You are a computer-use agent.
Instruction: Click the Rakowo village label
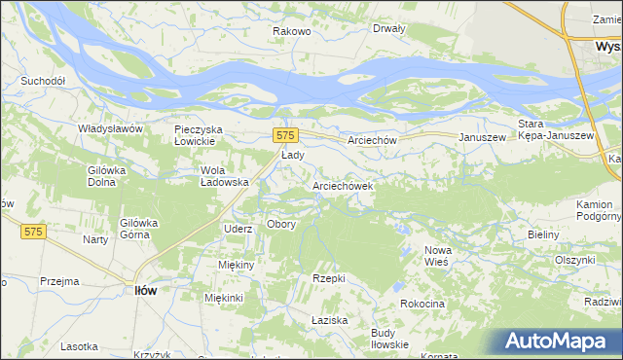point(291,31)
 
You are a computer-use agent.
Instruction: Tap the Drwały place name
point(388,28)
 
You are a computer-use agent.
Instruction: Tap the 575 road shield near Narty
point(34,231)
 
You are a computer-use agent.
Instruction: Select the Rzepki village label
point(329,278)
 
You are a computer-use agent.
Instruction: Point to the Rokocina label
point(421,305)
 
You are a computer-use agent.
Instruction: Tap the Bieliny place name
point(542,235)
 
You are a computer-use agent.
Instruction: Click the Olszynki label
point(574,260)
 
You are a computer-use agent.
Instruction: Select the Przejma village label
point(59,281)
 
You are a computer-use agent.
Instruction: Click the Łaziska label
point(330,320)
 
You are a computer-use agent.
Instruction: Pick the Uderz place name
point(238,229)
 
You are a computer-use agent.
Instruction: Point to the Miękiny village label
point(237,265)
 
